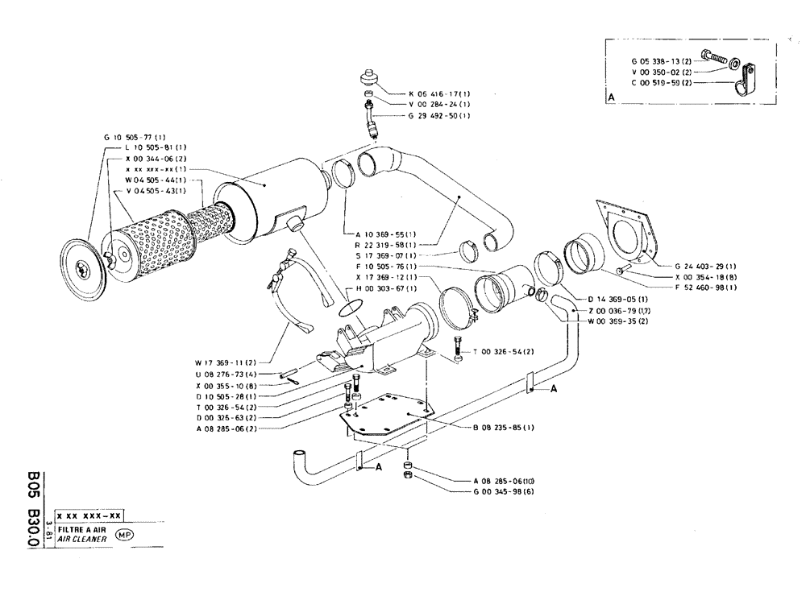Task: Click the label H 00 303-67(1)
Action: click(x=387, y=288)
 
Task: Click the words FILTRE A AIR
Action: click(x=81, y=529)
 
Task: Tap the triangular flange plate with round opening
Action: click(x=629, y=230)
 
